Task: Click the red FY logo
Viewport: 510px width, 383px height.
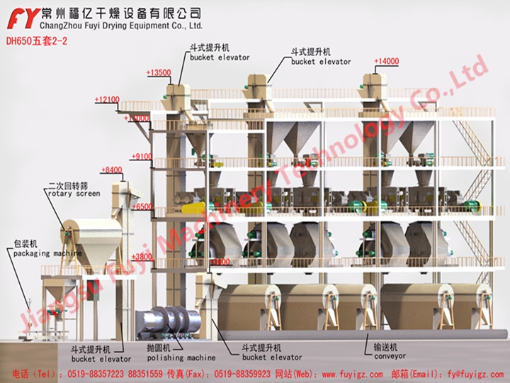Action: (x=20, y=16)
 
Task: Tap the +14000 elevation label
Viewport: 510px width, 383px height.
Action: (x=387, y=62)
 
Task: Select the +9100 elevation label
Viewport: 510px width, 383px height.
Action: (x=142, y=156)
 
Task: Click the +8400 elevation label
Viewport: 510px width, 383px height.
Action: (x=112, y=170)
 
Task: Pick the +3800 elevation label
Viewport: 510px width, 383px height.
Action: (x=142, y=257)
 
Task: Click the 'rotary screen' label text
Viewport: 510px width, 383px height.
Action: (x=74, y=193)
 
